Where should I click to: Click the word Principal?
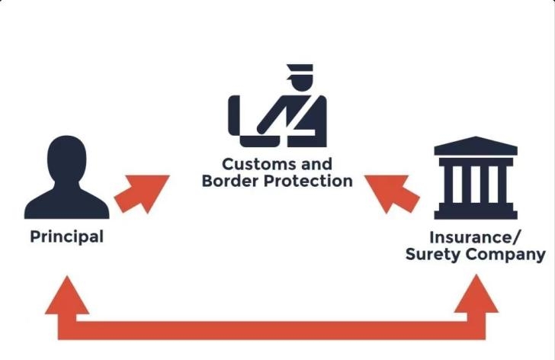[x=66, y=236]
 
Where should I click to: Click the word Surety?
[x=431, y=254]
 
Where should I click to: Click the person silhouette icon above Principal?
[x=66, y=179]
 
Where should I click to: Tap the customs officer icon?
[x=277, y=110]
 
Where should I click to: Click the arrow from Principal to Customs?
[x=141, y=194]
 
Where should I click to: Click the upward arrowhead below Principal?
[x=67, y=296]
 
